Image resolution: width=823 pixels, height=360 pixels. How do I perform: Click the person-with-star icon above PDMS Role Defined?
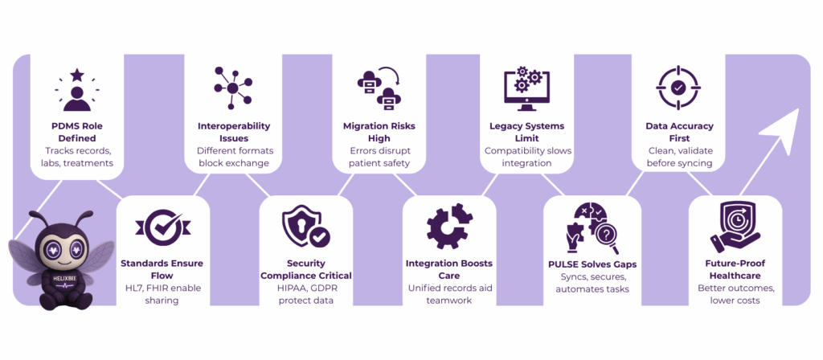point(77,88)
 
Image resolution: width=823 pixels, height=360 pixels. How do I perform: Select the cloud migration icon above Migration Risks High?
point(379,88)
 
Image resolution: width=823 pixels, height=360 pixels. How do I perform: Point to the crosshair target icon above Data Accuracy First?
point(678,88)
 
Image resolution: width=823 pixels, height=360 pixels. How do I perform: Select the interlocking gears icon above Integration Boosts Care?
point(449,227)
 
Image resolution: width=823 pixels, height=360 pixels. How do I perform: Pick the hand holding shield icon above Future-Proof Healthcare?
point(735,229)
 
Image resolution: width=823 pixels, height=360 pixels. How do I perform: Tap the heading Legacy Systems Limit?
point(526,126)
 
